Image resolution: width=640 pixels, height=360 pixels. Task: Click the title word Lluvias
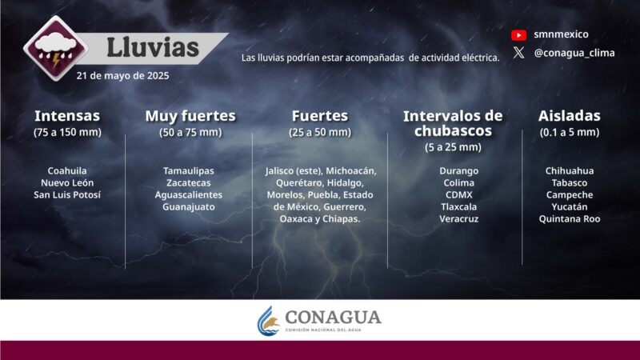click(x=153, y=47)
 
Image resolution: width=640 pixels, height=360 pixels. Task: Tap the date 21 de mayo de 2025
click(x=122, y=75)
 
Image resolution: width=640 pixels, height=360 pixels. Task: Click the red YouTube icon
click(x=519, y=34)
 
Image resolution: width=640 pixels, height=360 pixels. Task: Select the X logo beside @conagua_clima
click(x=519, y=53)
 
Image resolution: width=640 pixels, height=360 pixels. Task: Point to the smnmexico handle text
click(x=561, y=34)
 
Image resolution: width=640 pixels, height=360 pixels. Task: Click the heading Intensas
click(x=67, y=116)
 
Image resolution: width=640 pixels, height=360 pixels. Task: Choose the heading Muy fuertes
click(x=190, y=116)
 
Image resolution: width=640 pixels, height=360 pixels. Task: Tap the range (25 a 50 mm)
click(x=320, y=132)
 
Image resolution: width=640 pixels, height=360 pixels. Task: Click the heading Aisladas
click(x=569, y=116)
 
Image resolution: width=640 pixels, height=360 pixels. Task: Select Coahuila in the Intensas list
click(x=67, y=170)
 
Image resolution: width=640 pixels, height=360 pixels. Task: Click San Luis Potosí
click(x=67, y=194)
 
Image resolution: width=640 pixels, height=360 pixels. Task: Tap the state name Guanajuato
click(x=188, y=206)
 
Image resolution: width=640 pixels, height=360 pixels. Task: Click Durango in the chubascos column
click(x=458, y=170)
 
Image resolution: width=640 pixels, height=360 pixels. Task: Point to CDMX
click(x=458, y=194)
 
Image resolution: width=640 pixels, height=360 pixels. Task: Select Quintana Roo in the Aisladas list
click(x=569, y=218)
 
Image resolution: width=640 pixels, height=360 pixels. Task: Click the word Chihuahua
click(x=569, y=170)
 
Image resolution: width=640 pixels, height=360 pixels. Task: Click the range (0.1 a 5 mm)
click(x=569, y=132)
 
